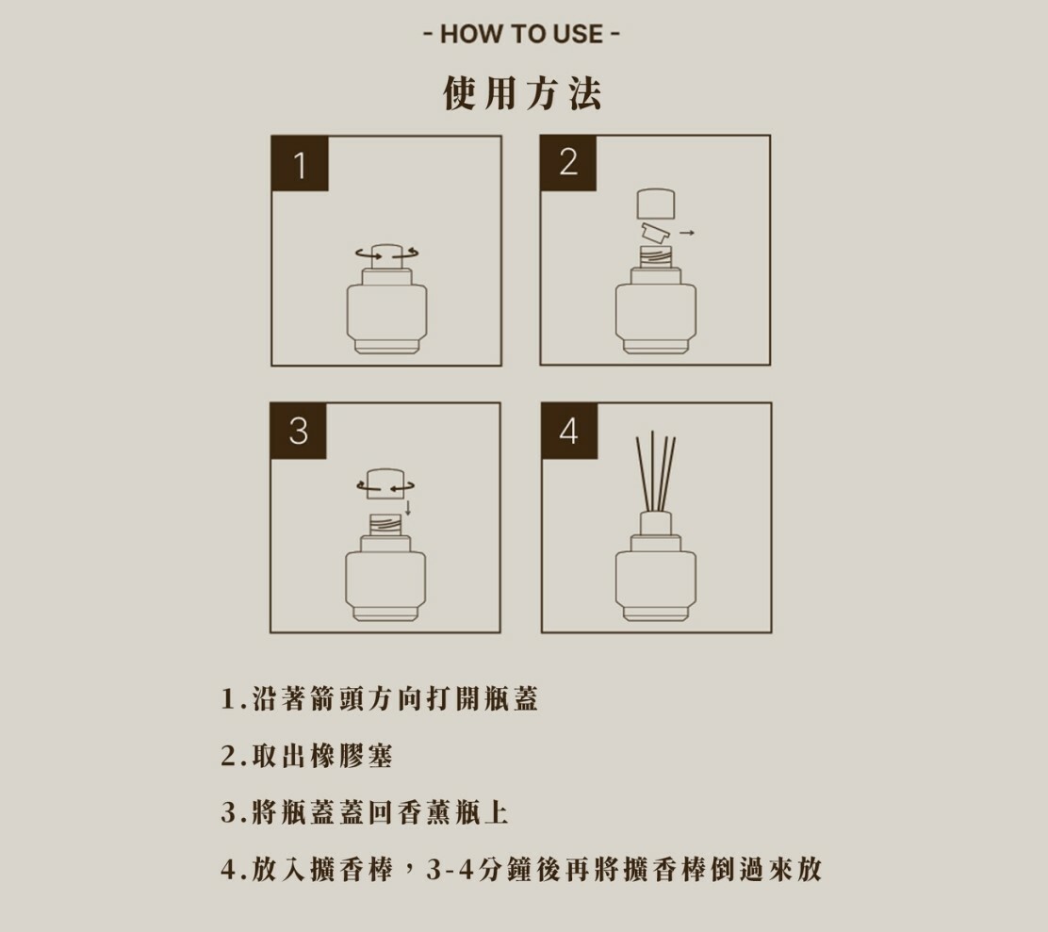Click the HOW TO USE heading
[x=522, y=33]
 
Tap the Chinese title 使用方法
[x=522, y=93]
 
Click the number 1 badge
[x=300, y=164]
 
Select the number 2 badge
[x=568, y=163]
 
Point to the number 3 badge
[x=299, y=431]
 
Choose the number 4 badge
[x=569, y=431]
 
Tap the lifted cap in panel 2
[x=656, y=204]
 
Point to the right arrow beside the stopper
[x=687, y=233]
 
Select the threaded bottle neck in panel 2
[x=656, y=257]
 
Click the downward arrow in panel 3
[x=408, y=509]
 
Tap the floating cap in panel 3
[x=385, y=483]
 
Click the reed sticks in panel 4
[x=656, y=472]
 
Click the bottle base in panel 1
[x=387, y=347]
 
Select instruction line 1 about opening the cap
[x=379, y=699]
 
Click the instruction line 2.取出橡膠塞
[x=307, y=756]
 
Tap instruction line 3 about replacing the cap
[x=365, y=812]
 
